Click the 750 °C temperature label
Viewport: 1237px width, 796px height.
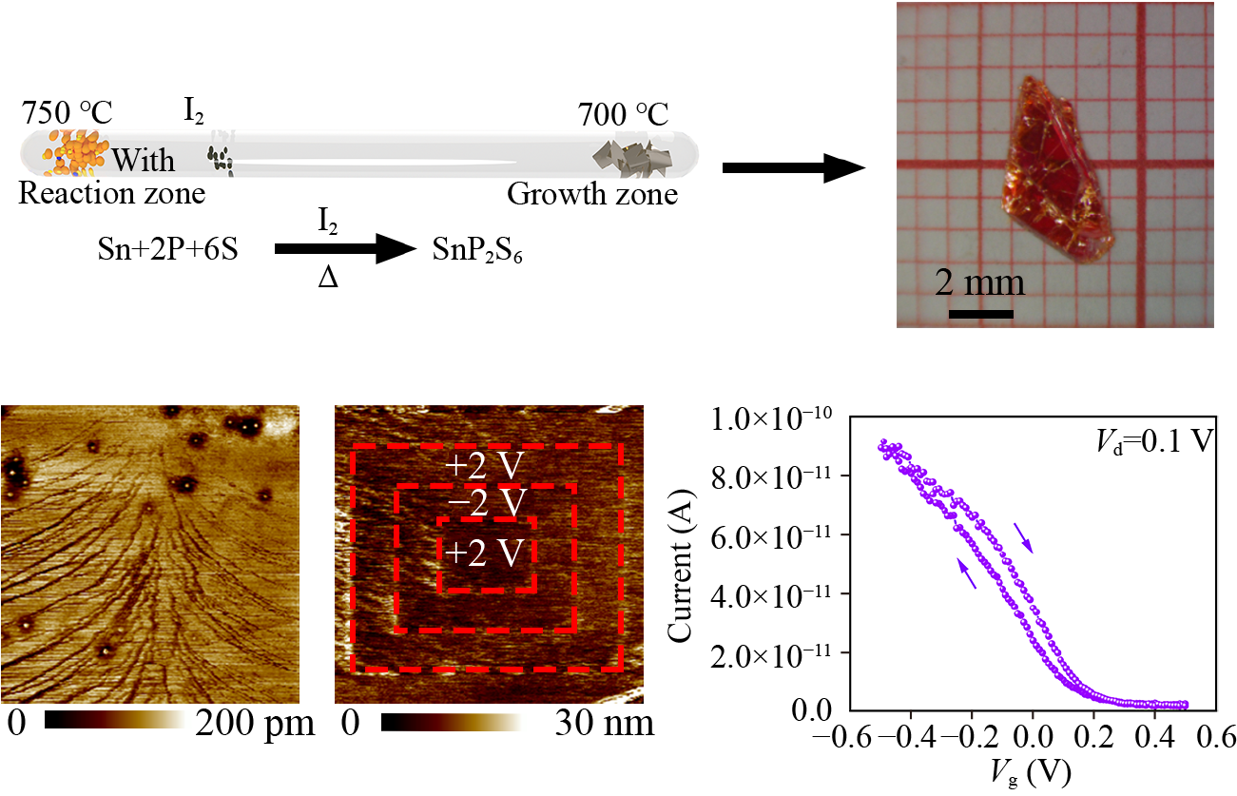pyautogui.click(x=67, y=113)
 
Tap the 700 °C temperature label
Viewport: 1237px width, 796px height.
pyautogui.click(x=623, y=116)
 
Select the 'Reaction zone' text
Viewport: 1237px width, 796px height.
pyautogui.click(x=112, y=194)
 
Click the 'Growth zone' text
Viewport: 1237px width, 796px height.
pyautogui.click(x=591, y=194)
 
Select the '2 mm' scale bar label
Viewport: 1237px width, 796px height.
pyautogui.click(x=979, y=282)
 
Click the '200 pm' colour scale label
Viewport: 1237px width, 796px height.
pyautogui.click(x=255, y=726)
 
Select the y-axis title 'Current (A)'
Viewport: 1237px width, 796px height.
pyautogui.click(x=682, y=563)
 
